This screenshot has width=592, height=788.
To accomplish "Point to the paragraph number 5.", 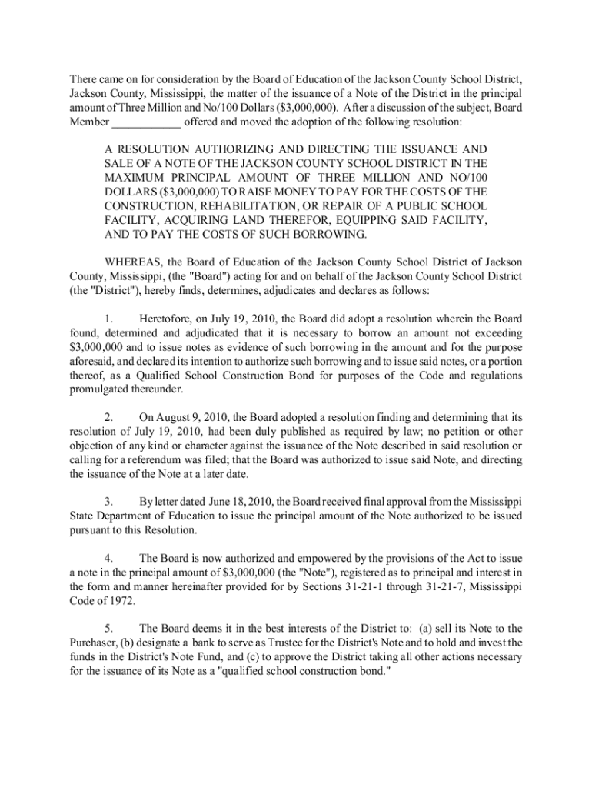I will coord(109,627).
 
